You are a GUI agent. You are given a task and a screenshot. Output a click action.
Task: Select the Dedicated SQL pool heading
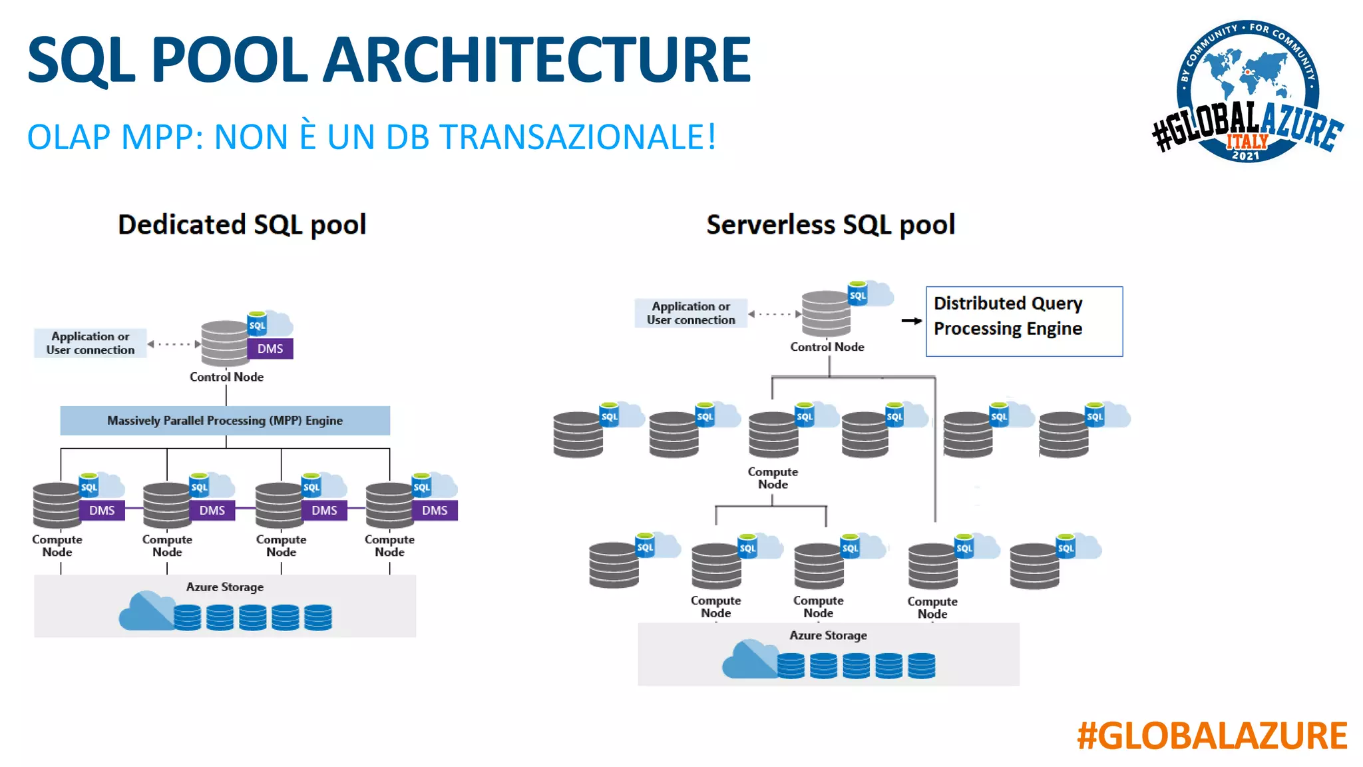click(x=242, y=224)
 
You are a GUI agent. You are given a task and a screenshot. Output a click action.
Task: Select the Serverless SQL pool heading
click(x=830, y=224)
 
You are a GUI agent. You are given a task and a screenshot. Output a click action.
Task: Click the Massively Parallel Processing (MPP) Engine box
click(x=225, y=421)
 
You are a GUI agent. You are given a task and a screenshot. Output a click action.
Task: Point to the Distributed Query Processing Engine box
click(x=1024, y=322)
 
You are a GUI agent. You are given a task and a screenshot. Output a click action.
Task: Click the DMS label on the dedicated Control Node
click(x=270, y=349)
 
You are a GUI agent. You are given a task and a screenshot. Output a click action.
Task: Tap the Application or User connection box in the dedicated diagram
click(x=91, y=343)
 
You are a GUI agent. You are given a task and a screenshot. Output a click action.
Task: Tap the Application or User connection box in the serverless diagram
click(x=691, y=313)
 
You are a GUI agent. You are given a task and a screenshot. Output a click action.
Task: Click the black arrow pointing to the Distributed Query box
click(x=911, y=321)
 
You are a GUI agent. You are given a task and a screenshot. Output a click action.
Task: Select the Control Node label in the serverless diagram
click(x=827, y=347)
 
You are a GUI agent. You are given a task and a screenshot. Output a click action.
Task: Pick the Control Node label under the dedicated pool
click(x=226, y=377)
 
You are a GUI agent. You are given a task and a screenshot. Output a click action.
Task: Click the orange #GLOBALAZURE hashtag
click(x=1211, y=736)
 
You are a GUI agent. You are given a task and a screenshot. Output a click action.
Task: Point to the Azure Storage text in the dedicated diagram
click(x=225, y=587)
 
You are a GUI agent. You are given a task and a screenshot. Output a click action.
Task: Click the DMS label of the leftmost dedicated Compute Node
click(x=102, y=511)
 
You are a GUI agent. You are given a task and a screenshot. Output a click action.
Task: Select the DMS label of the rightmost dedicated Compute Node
click(x=435, y=511)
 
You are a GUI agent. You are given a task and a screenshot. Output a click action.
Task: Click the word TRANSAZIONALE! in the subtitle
click(x=578, y=137)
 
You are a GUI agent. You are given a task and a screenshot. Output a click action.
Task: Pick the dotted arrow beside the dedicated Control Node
click(x=174, y=344)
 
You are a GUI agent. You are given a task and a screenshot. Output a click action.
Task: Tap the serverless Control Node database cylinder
click(x=825, y=314)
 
